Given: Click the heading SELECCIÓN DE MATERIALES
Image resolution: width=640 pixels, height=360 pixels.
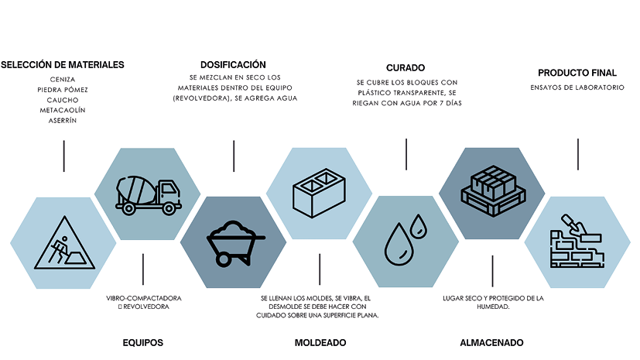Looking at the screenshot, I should coord(63,64).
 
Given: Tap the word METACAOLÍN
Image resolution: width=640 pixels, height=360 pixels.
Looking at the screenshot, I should coord(62,111).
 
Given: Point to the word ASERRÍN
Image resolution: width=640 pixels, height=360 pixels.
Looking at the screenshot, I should coord(62,122).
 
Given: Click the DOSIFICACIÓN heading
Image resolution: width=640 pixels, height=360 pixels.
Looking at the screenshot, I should coord(233,65).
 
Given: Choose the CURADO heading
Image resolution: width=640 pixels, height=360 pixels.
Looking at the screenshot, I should coord(406,67).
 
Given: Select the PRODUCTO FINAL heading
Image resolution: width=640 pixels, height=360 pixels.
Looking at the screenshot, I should coord(577,73).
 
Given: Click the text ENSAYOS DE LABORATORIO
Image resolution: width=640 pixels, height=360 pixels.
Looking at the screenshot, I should coord(577,87).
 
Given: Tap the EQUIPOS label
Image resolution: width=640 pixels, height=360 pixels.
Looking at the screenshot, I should coord(143,342).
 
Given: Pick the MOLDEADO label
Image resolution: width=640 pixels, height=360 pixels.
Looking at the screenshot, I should coord(320,342).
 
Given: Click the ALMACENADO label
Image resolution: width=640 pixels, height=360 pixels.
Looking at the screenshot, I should coord(491,342).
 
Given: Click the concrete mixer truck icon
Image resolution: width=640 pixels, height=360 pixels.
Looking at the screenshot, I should coord(147,193).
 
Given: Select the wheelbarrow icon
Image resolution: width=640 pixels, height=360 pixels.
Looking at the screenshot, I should coord(233,244).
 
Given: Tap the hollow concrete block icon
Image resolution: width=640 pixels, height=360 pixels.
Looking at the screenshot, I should coord(319,194).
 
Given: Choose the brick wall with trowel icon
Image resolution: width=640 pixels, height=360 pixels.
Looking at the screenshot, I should coord(577,242).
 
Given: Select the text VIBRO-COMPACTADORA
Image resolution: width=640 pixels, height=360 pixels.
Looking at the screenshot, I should coord(142,297).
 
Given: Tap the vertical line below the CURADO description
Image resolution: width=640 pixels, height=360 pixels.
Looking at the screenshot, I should coord(406,154).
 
